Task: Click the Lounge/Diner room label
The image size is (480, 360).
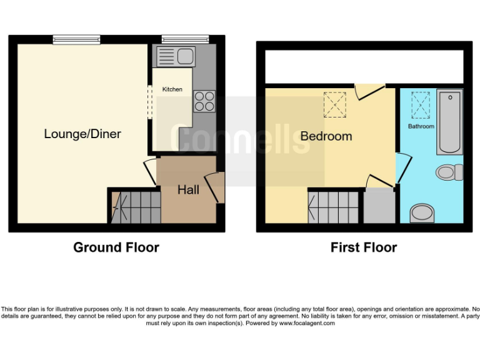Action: click(x=82, y=134)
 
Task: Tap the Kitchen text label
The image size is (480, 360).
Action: click(x=172, y=89)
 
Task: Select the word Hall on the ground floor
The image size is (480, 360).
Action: click(x=188, y=189)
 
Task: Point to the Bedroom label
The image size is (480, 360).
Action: click(x=326, y=136)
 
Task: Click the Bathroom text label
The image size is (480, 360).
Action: click(x=421, y=126)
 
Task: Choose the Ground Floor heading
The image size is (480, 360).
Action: click(x=116, y=247)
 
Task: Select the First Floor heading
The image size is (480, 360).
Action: click(x=364, y=247)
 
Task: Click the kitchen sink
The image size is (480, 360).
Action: click(x=177, y=56)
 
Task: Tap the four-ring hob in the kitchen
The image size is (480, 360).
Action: click(x=204, y=101)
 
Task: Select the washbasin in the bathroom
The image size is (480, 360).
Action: click(x=422, y=214)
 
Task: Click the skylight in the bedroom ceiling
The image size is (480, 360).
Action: click(x=335, y=104)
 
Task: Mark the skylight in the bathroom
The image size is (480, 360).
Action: click(x=421, y=104)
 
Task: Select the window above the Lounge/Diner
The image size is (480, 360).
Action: click(x=76, y=39)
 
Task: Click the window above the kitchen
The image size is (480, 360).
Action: click(x=177, y=39)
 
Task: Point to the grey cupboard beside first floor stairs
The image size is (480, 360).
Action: click(x=379, y=206)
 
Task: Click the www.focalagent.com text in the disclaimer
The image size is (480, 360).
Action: click(x=307, y=323)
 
